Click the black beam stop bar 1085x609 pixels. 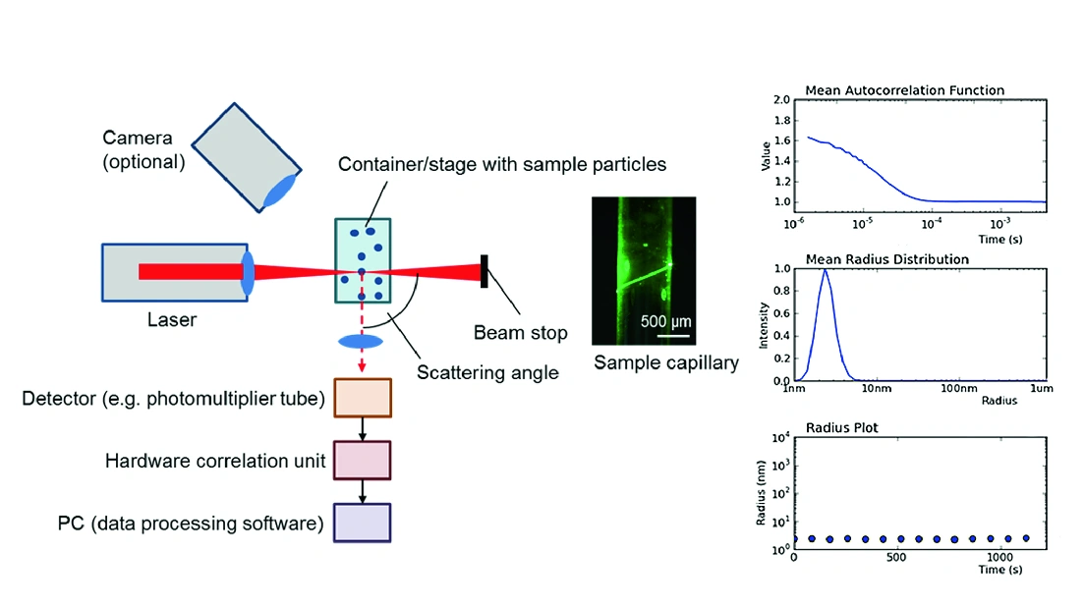click(485, 272)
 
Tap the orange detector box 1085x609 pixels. click(363, 398)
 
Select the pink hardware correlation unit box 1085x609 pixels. click(363, 461)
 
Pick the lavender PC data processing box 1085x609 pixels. click(363, 523)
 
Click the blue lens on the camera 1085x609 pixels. click(279, 191)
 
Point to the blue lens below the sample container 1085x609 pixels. click(361, 342)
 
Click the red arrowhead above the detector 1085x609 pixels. click(362, 365)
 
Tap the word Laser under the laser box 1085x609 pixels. click(172, 320)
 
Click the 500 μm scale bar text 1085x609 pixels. click(665, 321)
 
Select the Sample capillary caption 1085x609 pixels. click(666, 362)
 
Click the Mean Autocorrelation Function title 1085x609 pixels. click(904, 90)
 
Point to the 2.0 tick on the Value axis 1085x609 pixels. click(782, 99)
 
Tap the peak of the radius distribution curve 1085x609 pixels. click(825, 269)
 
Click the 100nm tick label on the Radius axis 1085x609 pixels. click(959, 389)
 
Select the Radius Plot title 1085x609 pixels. click(841, 428)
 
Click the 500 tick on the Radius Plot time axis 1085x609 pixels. click(896, 557)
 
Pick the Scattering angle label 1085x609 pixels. click(487, 372)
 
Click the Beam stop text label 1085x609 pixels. click(520, 333)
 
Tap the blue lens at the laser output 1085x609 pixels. click(247, 272)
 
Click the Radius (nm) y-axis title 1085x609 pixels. click(761, 493)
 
